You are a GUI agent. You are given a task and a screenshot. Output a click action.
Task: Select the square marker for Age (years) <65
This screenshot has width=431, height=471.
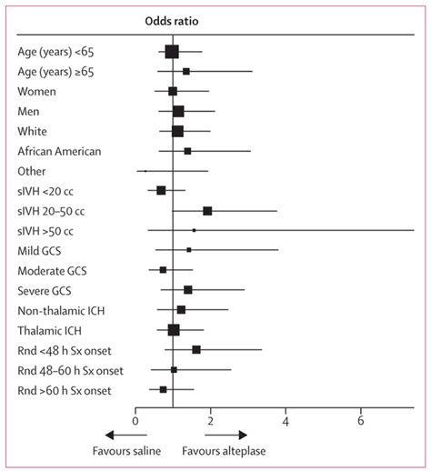click(172, 52)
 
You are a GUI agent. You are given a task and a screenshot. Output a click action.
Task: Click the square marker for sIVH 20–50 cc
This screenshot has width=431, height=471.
click(207, 210)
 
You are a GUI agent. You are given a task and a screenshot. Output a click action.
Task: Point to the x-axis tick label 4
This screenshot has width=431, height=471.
click(286, 421)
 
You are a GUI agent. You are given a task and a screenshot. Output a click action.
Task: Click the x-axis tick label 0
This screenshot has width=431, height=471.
click(135, 421)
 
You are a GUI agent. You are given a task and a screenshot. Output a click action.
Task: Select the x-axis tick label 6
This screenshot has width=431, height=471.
click(361, 421)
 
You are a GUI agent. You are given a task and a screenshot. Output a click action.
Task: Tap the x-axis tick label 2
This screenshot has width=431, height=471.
click(210, 421)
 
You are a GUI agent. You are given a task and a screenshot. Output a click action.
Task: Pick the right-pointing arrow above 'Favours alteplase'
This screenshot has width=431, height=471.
click(231, 435)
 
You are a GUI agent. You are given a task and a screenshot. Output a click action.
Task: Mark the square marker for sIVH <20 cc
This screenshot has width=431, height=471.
click(161, 191)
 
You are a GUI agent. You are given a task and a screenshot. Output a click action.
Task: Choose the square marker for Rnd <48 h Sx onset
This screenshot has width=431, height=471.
click(196, 349)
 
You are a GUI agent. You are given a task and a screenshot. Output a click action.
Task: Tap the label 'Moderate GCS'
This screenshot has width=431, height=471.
click(54, 270)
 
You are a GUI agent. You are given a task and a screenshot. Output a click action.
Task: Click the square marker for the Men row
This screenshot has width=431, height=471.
click(178, 111)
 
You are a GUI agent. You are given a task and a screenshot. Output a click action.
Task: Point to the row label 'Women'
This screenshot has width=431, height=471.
click(37, 92)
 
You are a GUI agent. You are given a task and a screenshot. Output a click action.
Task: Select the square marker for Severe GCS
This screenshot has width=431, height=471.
click(188, 290)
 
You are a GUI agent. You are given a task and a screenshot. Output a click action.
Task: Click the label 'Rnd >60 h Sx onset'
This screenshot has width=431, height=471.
click(65, 389)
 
